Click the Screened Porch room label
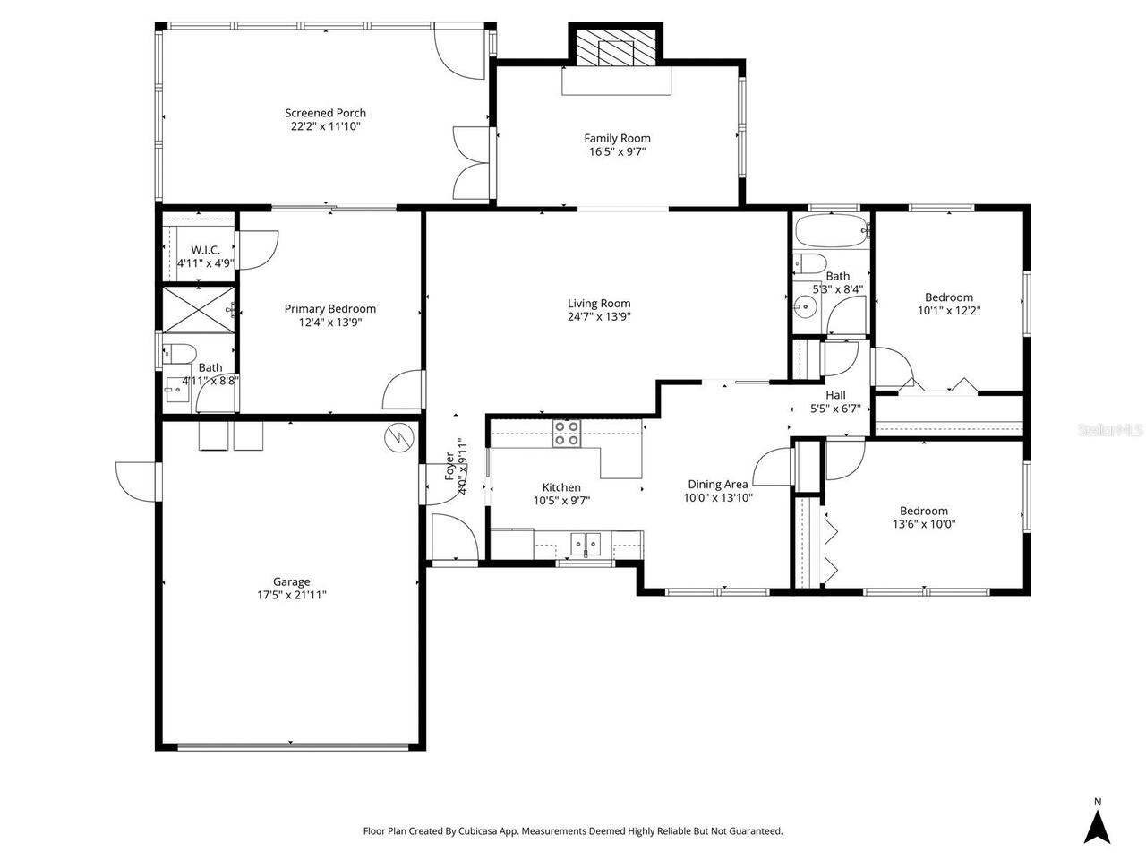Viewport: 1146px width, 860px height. tap(325, 113)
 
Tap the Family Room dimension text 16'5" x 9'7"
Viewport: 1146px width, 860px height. tap(617, 152)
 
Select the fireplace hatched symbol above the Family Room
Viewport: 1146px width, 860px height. tap(616, 52)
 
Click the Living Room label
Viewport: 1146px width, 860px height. tap(599, 303)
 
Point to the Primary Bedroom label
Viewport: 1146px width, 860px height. tap(329, 308)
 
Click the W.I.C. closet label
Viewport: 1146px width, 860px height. tap(205, 250)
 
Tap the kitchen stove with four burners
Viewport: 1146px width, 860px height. tap(567, 434)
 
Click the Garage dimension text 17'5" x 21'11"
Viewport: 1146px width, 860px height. tap(292, 595)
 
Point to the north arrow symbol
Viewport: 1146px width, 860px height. tap(1097, 826)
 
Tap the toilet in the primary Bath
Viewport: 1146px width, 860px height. tap(179, 353)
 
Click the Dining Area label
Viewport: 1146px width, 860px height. tap(717, 484)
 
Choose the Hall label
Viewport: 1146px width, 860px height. tap(834, 395)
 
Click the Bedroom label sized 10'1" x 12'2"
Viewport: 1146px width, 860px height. tap(948, 297)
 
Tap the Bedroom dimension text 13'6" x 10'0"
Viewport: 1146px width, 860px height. tap(923, 525)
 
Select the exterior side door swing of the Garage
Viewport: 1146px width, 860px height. tap(136, 482)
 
